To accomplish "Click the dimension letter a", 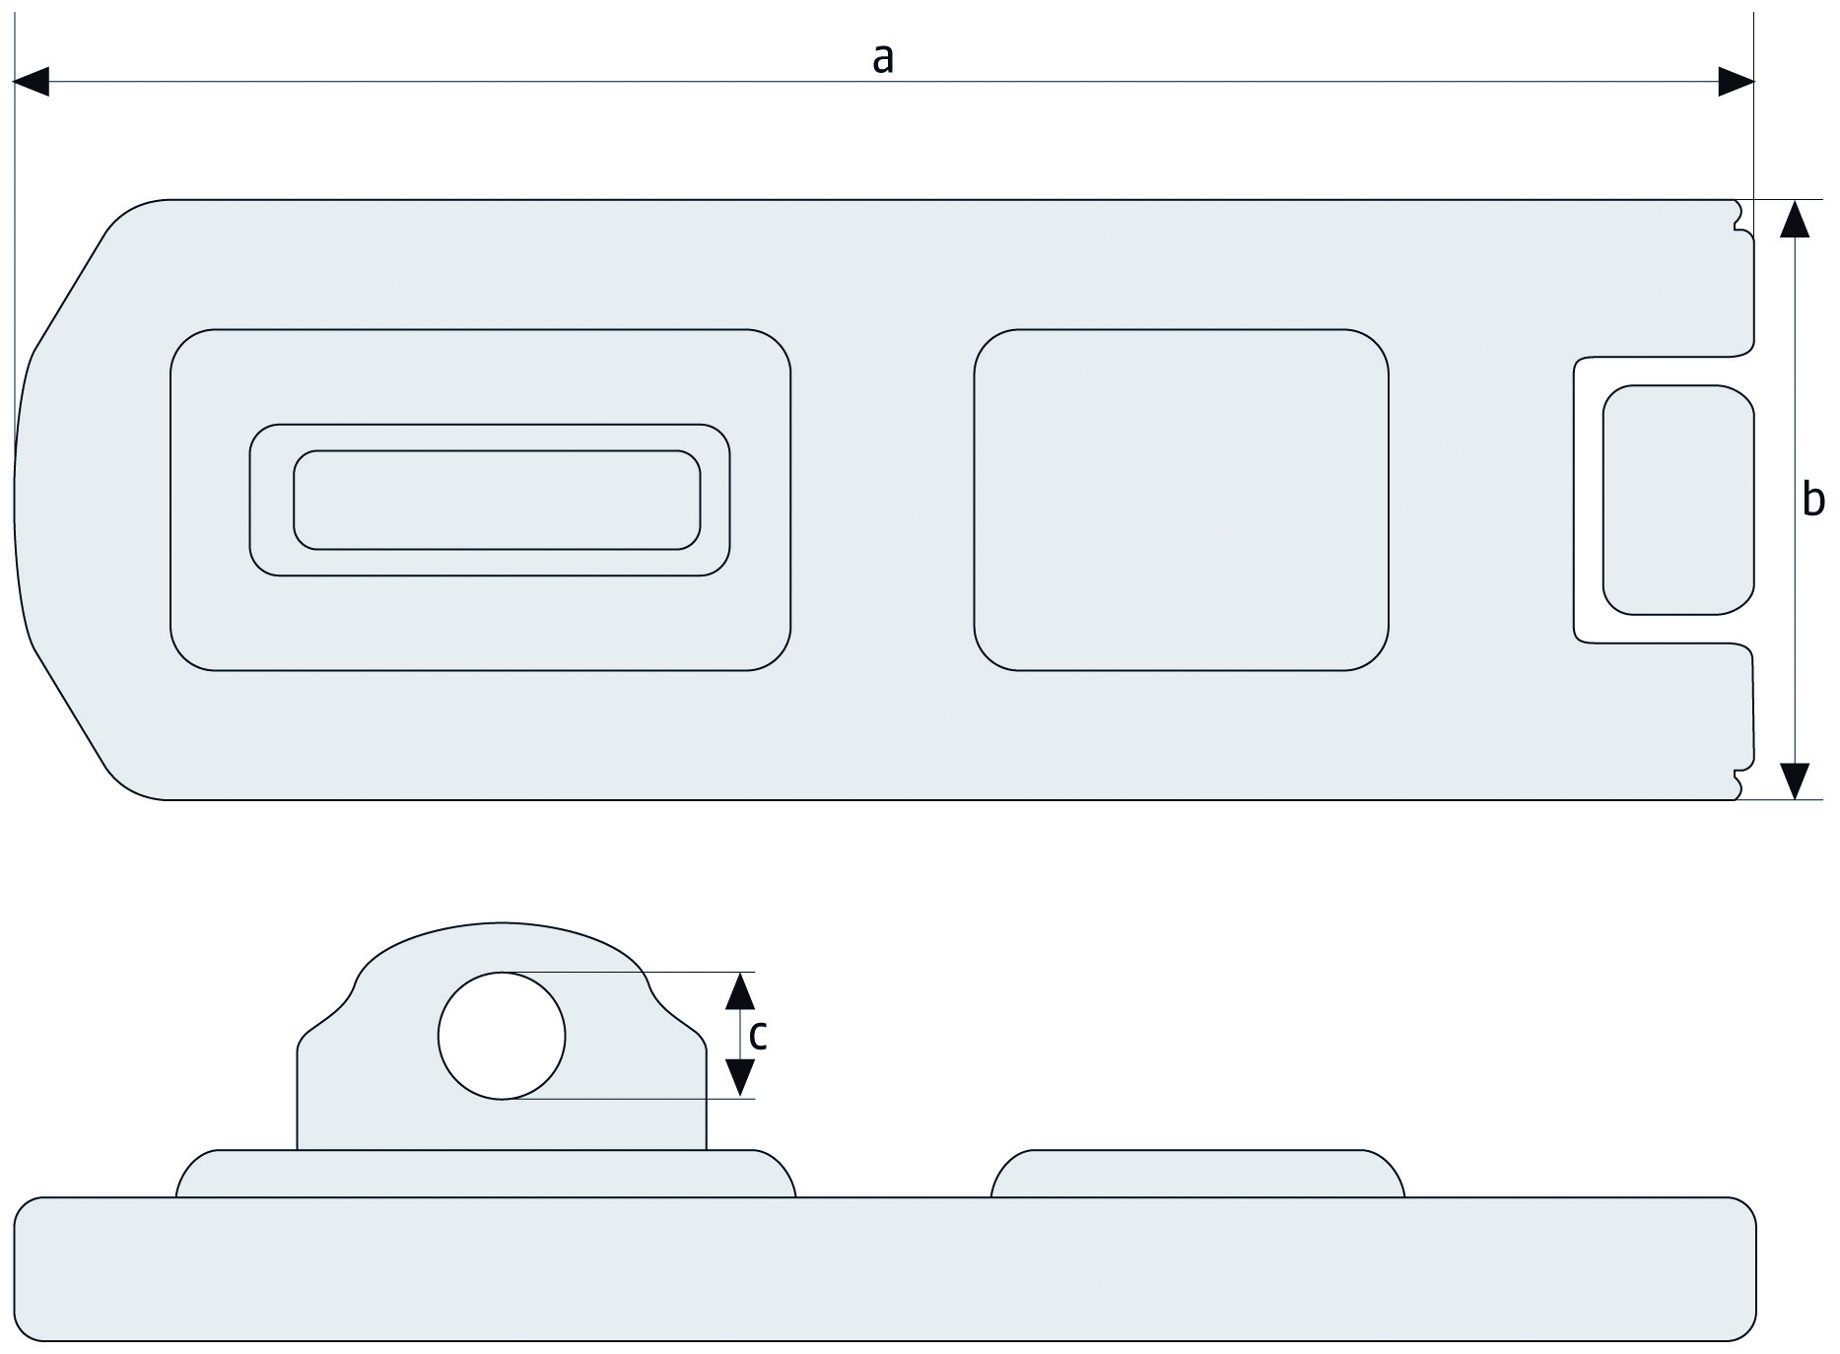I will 882,59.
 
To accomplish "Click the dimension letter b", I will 1812,500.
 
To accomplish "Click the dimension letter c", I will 757,1035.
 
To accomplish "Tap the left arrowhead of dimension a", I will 32,82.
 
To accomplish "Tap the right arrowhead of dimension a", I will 1737,82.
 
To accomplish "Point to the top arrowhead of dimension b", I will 1796,219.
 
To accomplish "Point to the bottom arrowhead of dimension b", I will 1796,780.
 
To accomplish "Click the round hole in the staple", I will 502,1035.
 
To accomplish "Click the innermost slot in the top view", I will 497,500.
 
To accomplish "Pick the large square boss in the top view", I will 1181,500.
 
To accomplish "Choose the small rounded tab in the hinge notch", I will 1677,500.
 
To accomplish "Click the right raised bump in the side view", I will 1197,1174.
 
